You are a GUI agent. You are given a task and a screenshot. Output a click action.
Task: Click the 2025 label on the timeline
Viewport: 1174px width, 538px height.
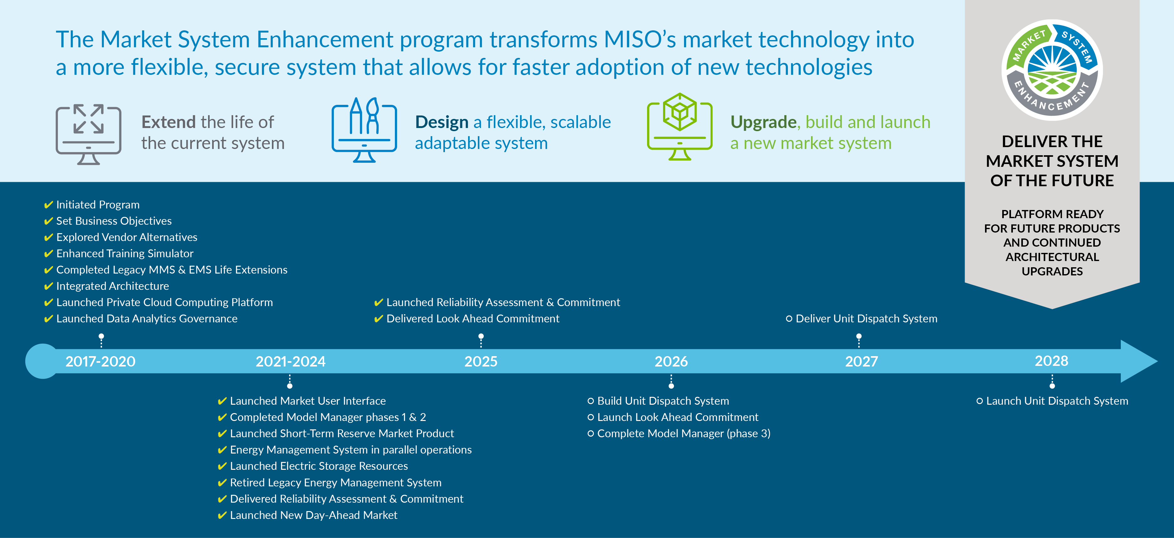(481, 361)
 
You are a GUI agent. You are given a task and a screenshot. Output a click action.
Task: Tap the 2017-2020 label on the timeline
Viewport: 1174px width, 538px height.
(100, 361)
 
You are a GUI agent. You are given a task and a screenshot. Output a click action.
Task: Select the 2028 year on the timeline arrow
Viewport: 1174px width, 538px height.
(1051, 361)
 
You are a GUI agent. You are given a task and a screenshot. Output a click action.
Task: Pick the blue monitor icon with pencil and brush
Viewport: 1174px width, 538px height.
(364, 131)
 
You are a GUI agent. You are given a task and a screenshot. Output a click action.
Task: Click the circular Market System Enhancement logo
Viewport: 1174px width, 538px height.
(1052, 70)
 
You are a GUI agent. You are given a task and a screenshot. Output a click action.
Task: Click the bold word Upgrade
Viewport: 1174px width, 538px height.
(763, 122)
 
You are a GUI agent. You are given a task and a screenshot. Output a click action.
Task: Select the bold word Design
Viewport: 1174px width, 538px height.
(441, 122)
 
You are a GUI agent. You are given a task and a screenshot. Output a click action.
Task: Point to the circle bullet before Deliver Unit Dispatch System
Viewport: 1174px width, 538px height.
(789, 319)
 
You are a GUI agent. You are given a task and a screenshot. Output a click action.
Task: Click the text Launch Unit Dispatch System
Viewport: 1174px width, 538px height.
(1057, 401)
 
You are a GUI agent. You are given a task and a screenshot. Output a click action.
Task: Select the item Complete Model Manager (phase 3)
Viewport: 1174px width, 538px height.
(683, 433)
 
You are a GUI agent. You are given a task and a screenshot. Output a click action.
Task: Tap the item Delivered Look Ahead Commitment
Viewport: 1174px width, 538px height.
(472, 319)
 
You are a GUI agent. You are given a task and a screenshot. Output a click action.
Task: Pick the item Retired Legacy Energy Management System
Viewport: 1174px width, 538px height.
(335, 482)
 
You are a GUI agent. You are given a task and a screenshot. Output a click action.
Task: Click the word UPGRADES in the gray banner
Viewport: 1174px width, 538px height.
(1052, 271)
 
